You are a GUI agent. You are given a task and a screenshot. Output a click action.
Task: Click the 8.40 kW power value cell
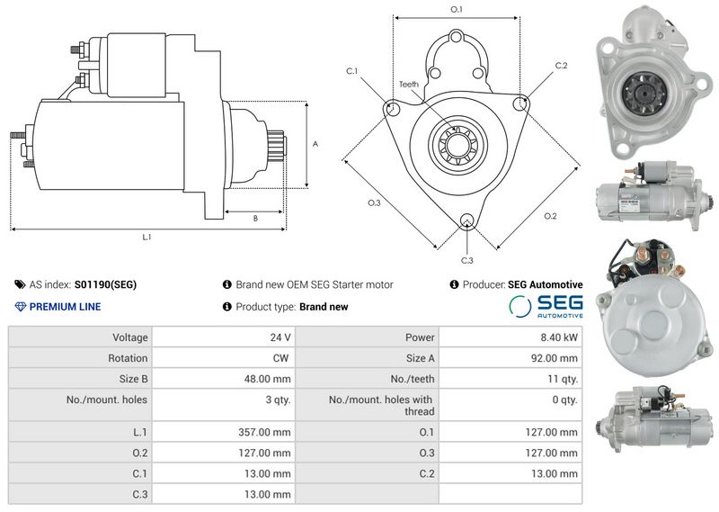coord(558,337)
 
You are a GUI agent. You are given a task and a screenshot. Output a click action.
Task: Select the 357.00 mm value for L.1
coord(264,432)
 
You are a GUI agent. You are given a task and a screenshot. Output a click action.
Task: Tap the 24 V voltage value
coord(280,337)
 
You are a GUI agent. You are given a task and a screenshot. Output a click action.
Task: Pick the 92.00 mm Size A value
coord(554,358)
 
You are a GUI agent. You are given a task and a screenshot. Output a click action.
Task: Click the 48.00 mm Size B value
coord(267,379)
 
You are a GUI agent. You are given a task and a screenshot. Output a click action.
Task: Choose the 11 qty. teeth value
coord(563,379)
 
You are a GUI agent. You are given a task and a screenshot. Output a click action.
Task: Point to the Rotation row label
coord(128,358)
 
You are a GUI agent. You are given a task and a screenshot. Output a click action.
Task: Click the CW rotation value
coord(280,358)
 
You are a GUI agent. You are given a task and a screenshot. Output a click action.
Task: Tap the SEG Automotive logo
coord(546,306)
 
